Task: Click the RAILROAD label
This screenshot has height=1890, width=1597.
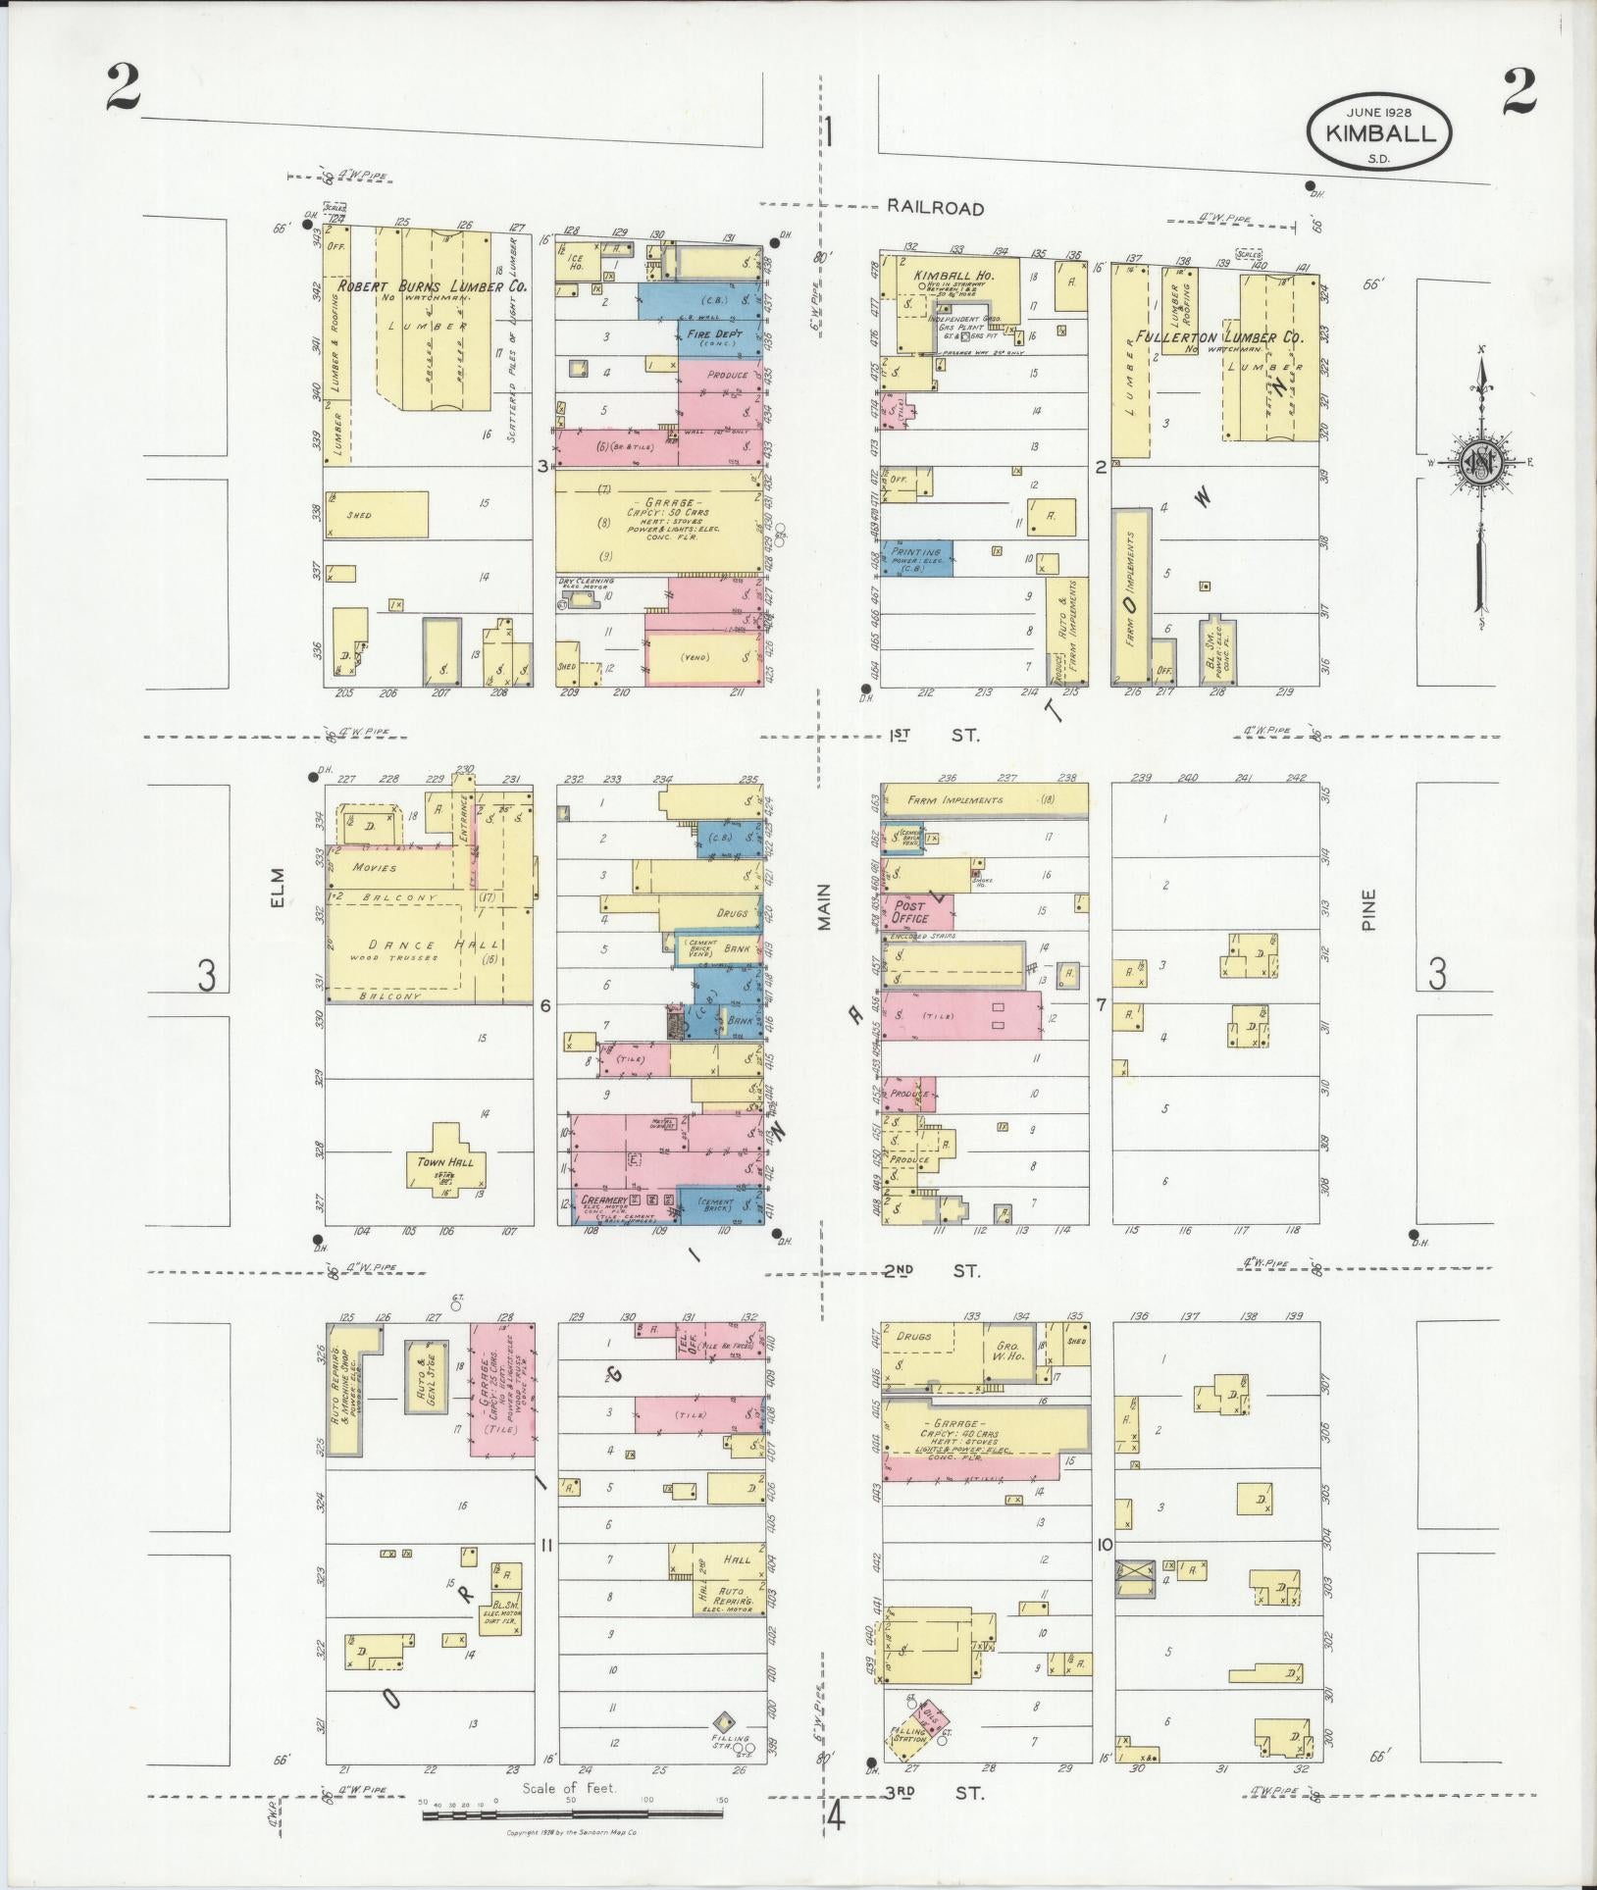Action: tap(935, 208)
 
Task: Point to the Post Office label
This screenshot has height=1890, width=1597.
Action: tap(911, 912)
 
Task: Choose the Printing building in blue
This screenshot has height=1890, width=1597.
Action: tap(917, 557)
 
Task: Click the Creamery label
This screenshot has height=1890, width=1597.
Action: tap(602, 1200)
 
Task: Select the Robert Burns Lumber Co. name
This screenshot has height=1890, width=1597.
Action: tap(433, 287)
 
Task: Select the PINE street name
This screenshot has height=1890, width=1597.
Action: tap(1368, 908)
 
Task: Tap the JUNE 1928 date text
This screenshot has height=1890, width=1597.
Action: tap(1379, 112)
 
